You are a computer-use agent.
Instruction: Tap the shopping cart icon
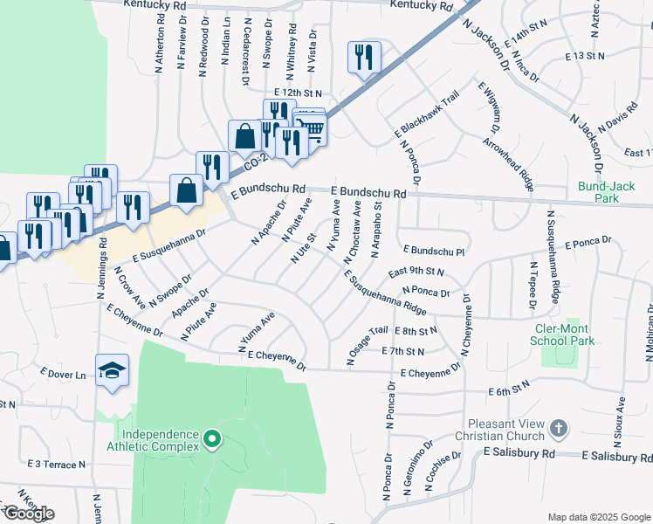[x=312, y=128]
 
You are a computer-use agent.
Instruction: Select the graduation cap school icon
[x=112, y=369]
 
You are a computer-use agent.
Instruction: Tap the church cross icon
[x=560, y=430]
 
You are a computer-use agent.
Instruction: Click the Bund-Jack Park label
[x=598, y=192]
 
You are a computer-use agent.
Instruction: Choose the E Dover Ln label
[x=63, y=375]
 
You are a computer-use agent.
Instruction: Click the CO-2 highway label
[x=254, y=162]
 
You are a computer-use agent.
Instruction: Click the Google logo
[x=29, y=513]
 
